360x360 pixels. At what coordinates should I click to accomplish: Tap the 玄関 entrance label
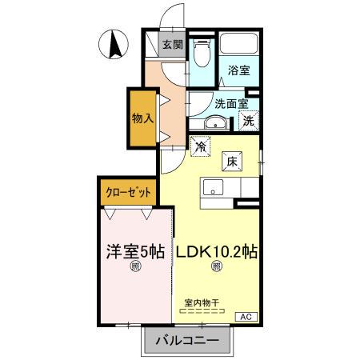pyautogui.click(x=172, y=45)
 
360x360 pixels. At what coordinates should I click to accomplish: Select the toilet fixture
pyautogui.click(x=201, y=54)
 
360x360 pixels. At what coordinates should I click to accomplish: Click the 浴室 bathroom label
pyautogui.click(x=238, y=70)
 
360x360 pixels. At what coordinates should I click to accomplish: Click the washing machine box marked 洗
pyautogui.click(x=249, y=122)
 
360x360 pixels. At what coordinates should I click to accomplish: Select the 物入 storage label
pyautogui.click(x=142, y=118)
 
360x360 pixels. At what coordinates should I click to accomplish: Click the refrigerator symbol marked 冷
pyautogui.click(x=201, y=146)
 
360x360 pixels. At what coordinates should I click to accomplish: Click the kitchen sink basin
pyautogui.click(x=213, y=188)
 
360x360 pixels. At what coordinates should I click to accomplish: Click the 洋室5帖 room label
pyautogui.click(x=135, y=250)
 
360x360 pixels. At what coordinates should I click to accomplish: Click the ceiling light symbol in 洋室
pyautogui.click(x=135, y=267)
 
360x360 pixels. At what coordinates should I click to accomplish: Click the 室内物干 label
pyautogui.click(x=202, y=303)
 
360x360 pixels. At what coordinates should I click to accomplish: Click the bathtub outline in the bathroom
pyautogui.click(x=238, y=47)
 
